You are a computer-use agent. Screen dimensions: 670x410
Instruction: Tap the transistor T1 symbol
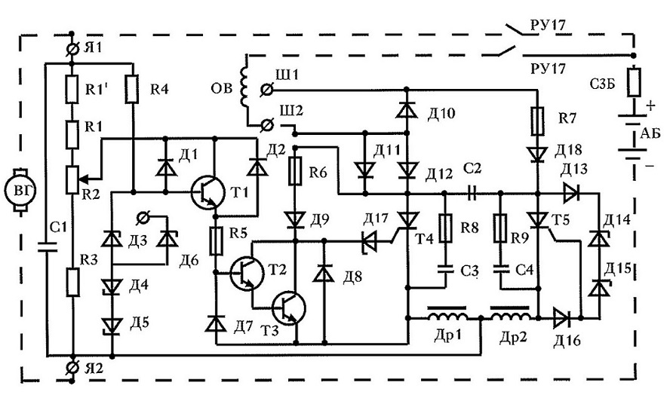click(x=208, y=192)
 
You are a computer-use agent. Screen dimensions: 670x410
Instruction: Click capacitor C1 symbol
click(x=47, y=246)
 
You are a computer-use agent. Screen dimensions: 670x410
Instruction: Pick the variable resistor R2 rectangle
click(x=72, y=179)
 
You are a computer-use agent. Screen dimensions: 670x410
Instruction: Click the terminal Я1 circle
click(x=72, y=50)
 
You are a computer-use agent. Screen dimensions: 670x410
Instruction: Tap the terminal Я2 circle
click(x=72, y=366)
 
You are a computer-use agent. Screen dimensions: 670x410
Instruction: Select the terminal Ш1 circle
click(x=266, y=90)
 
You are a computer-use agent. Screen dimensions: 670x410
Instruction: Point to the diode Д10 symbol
click(x=407, y=110)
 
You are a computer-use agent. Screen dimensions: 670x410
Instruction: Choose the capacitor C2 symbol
click(x=472, y=193)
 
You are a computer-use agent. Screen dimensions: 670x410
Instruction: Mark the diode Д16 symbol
click(x=561, y=318)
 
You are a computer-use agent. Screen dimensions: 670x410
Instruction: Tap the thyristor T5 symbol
click(x=539, y=220)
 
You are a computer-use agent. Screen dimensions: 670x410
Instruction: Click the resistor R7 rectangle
click(x=537, y=121)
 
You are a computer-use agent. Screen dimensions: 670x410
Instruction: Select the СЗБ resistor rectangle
click(x=634, y=81)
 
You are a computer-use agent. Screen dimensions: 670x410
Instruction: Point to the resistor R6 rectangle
click(x=294, y=170)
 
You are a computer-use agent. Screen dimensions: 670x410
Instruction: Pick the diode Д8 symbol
click(x=324, y=273)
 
